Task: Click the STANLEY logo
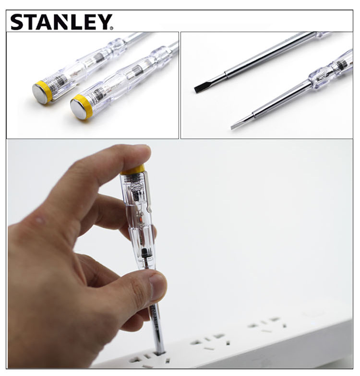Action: pyautogui.click(x=61, y=22)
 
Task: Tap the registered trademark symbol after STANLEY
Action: pyautogui.click(x=111, y=28)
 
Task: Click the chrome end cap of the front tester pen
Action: pyautogui.click(x=78, y=108)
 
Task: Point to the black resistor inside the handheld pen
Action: pyautogui.click(x=144, y=253)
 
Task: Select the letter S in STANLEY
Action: pyautogui.click(x=17, y=22)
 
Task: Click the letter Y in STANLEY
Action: pyautogui.click(x=103, y=22)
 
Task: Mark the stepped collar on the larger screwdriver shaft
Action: pyautogui.click(x=226, y=74)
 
